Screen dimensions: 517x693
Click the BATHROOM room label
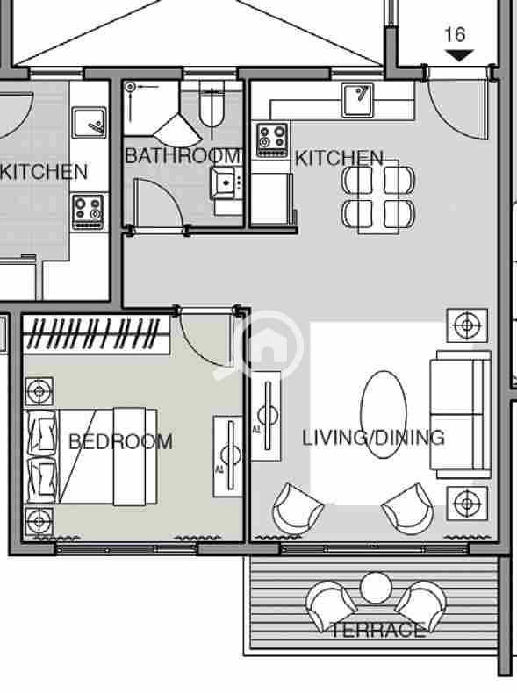(x=183, y=156)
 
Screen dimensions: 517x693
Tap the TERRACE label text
(x=378, y=630)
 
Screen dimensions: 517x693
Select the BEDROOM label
(x=121, y=441)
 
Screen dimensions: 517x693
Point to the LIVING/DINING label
(x=373, y=438)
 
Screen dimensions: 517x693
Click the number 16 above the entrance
(x=455, y=35)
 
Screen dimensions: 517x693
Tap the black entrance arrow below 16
(x=459, y=55)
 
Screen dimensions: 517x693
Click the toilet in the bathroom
(x=212, y=107)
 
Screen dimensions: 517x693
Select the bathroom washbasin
(x=226, y=182)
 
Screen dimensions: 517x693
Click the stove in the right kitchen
(x=272, y=140)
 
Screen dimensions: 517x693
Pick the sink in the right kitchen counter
(x=357, y=100)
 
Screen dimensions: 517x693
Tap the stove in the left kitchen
(x=88, y=212)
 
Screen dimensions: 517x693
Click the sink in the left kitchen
(x=90, y=122)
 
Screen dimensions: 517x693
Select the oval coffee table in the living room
(x=384, y=414)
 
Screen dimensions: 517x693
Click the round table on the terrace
(x=376, y=588)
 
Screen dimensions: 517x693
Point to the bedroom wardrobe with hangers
(x=96, y=334)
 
